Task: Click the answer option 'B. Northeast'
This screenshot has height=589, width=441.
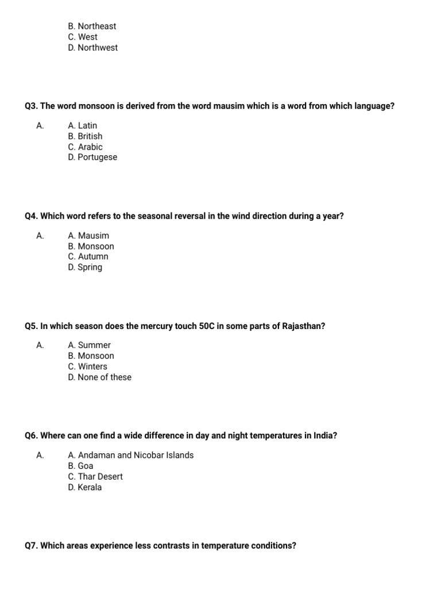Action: click(92, 26)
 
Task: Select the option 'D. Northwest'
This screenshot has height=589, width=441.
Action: click(92, 48)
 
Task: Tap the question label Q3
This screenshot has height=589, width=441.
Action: click(31, 106)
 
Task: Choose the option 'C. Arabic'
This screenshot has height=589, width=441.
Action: click(85, 147)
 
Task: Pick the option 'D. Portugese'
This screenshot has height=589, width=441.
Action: click(92, 157)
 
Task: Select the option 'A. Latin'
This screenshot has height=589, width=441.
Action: click(83, 125)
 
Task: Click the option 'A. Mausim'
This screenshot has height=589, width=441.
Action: click(88, 235)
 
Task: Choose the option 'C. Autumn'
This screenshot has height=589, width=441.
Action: click(88, 257)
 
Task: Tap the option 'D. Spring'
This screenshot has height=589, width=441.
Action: click(85, 267)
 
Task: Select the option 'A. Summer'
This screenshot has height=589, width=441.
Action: click(90, 345)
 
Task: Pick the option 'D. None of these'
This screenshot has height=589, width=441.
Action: click(99, 377)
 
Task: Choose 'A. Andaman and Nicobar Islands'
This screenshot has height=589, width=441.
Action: click(131, 455)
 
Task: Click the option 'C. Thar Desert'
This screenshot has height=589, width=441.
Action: click(95, 476)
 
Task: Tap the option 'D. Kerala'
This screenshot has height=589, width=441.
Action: click(84, 487)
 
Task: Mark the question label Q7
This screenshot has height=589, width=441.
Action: click(31, 545)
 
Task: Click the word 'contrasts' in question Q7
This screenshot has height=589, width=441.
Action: click(171, 545)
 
